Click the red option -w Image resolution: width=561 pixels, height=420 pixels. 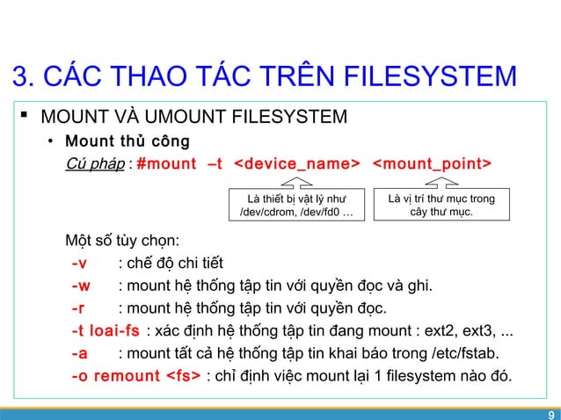(80, 286)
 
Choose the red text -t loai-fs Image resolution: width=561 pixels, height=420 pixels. (106, 331)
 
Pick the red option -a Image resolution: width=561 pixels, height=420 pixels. (78, 354)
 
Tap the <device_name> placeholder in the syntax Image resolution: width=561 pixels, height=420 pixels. (299, 164)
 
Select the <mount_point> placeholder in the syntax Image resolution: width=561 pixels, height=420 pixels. (433, 164)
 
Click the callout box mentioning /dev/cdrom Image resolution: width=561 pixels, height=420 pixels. (297, 206)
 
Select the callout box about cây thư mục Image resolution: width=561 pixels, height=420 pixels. (441, 206)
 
